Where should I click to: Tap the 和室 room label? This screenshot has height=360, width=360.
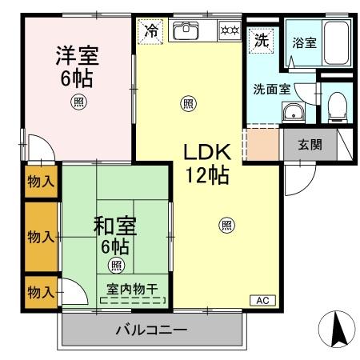[x=114, y=226]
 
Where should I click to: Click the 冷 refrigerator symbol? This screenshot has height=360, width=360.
[x=150, y=32]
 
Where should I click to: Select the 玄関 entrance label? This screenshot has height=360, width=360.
[x=310, y=144]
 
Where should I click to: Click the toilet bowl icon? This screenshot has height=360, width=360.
[x=337, y=103]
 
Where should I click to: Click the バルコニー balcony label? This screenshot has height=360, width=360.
[x=150, y=330]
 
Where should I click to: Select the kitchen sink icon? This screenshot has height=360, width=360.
[x=186, y=30]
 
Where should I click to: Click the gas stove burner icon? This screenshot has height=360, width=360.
[x=230, y=31]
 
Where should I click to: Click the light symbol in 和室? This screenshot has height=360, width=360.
[x=116, y=266]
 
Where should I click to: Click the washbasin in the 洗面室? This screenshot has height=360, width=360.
[x=294, y=112]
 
